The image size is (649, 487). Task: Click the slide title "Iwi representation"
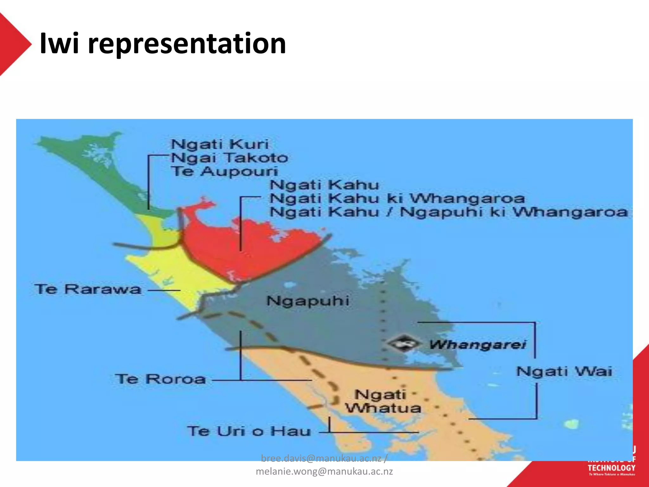[x=163, y=43]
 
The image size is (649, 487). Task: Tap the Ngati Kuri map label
[x=220, y=144]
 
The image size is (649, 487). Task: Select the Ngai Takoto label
[x=229, y=158]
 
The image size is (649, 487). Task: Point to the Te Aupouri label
[x=225, y=172]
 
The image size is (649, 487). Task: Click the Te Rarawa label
[x=88, y=289]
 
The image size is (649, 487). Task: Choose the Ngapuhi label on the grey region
[x=308, y=301]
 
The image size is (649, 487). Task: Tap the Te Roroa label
[x=160, y=379]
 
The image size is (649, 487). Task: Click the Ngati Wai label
[x=564, y=371]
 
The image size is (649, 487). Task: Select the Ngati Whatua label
[x=383, y=401]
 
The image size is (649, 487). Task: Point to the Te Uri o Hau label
[x=249, y=431]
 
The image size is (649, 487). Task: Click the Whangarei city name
[x=478, y=344]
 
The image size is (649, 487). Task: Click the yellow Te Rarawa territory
[x=177, y=269]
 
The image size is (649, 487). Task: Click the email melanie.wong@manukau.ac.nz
[x=324, y=471]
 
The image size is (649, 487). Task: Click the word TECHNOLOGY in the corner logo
[x=611, y=468]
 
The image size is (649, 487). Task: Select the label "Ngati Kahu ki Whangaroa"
[x=397, y=199]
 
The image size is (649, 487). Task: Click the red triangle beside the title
[x=13, y=44]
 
